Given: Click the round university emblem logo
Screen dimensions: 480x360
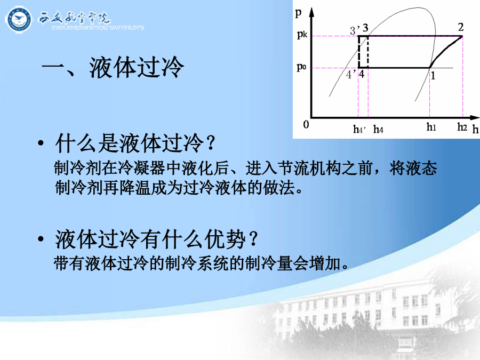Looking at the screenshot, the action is click(x=18, y=20).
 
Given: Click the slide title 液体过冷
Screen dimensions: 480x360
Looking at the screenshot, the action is click(x=136, y=67).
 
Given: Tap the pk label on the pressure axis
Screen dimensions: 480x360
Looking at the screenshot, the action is click(x=302, y=34).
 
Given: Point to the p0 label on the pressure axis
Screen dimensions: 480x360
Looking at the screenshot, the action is click(x=301, y=67).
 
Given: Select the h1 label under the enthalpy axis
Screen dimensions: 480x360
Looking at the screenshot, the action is click(x=431, y=127).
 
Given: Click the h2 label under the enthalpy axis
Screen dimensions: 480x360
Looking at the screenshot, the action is click(x=462, y=127).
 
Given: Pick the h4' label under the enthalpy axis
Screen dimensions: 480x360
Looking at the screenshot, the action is click(x=359, y=130).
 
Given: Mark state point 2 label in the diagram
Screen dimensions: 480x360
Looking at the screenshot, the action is click(x=461, y=27).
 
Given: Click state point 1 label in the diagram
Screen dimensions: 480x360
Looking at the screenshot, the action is click(x=433, y=75).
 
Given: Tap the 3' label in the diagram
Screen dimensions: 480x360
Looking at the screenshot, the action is click(x=355, y=30).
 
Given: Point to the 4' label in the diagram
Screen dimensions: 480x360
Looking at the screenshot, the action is click(x=351, y=74).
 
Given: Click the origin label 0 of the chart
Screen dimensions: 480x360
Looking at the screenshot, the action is click(x=306, y=125).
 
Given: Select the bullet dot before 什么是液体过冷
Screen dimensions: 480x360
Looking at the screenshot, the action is click(x=41, y=143).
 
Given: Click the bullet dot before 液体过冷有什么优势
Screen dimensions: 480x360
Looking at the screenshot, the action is click(x=41, y=239).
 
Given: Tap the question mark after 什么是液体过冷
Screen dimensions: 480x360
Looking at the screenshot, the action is click(x=211, y=142).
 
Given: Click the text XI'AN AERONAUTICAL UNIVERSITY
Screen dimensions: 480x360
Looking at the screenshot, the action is click(x=98, y=28).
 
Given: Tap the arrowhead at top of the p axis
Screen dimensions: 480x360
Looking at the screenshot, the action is click(x=311, y=12).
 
